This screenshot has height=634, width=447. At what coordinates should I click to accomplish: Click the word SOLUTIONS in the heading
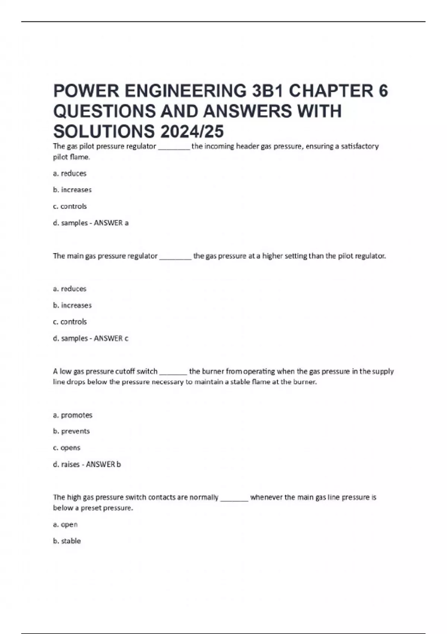point(104,131)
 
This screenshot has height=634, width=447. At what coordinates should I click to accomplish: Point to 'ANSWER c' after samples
point(111,338)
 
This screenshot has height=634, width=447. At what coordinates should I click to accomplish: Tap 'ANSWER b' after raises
point(103,464)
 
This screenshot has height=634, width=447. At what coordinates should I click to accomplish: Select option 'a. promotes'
point(73,415)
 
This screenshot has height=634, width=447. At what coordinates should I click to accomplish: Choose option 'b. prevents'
point(72,431)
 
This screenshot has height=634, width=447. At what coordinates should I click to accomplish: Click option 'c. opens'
point(67,448)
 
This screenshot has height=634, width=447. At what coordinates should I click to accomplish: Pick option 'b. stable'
point(67,541)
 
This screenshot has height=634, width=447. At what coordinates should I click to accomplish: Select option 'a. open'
point(66,524)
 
